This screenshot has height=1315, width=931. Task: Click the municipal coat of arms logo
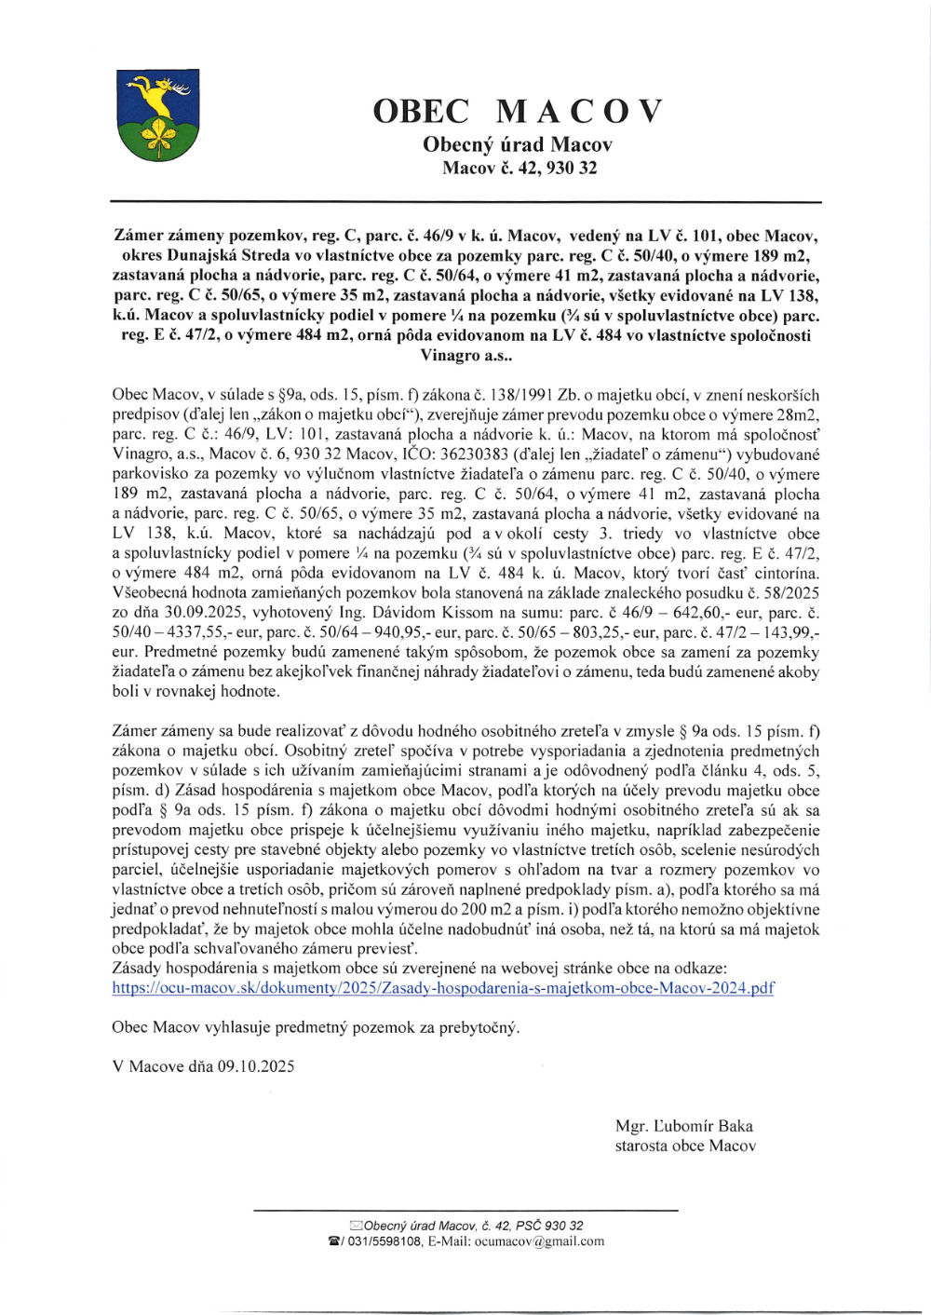click(157, 115)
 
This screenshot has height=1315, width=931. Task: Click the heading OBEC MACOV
click(517, 112)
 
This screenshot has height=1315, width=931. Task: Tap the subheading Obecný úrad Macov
click(517, 144)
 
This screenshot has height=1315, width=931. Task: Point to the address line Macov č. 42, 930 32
click(519, 169)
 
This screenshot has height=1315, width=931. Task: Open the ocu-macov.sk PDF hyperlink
click(442, 988)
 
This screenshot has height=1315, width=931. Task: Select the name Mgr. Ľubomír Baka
click(683, 1125)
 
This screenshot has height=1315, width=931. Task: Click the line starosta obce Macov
click(684, 1146)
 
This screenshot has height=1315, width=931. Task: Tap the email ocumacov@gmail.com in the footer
click(540, 1240)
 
